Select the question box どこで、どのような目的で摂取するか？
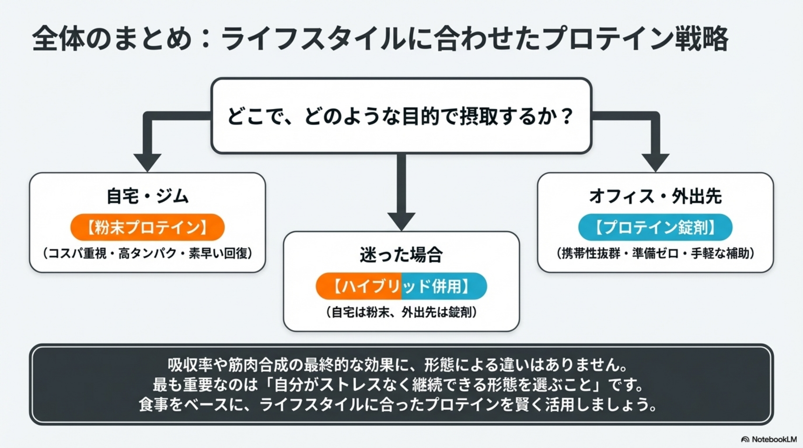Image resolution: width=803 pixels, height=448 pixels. (401, 116)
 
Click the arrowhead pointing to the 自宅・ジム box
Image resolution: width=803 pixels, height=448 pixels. (147, 162)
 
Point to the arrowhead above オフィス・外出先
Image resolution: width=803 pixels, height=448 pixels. (655, 162)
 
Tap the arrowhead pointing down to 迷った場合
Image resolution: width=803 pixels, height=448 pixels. (401, 221)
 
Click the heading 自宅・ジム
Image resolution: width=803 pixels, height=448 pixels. (147, 197)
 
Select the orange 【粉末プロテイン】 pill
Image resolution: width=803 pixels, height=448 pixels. (147, 227)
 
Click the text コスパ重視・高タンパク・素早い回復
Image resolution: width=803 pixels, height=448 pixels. (147, 253)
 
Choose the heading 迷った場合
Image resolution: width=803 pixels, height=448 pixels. (401, 255)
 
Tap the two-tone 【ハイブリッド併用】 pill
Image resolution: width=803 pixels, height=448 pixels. (401, 286)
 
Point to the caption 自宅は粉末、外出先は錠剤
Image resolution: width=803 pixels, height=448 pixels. (401, 312)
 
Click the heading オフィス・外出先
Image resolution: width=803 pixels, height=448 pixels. (655, 197)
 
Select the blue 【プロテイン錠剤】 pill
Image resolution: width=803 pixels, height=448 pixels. (655, 227)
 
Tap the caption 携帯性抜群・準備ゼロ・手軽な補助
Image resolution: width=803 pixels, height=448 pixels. (655, 253)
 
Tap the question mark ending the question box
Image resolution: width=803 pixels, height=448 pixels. (566, 116)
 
